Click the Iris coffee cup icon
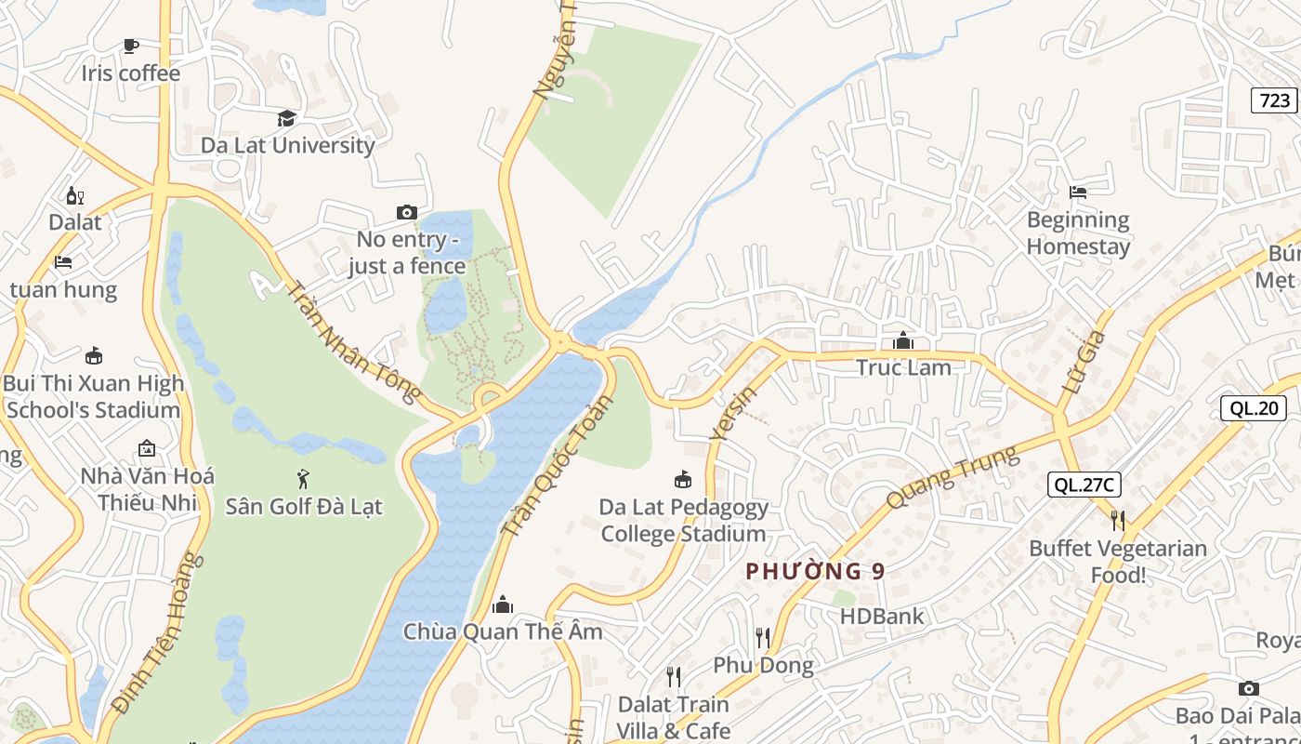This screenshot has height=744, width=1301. (131, 46)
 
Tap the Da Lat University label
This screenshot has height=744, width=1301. (288, 145)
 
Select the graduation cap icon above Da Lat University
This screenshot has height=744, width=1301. (287, 118)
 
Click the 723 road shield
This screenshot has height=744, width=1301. (1274, 100)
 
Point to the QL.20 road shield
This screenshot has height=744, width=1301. (1253, 407)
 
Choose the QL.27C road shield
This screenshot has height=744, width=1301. (1084, 485)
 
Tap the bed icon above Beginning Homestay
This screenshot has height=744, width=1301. (1078, 193)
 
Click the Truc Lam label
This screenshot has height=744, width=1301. (903, 367)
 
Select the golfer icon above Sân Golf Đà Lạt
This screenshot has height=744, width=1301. (303, 479)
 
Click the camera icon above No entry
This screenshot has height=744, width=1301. (406, 213)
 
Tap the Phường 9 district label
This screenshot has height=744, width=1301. (815, 571)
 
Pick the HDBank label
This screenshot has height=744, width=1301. (882, 616)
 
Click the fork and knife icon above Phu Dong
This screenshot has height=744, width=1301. (763, 638)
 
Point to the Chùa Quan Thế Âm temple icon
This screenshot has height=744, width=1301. (503, 604)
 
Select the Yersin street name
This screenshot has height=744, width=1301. (732, 412)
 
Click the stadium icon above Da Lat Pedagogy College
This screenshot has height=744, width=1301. (683, 480)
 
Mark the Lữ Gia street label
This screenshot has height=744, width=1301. (1083, 362)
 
